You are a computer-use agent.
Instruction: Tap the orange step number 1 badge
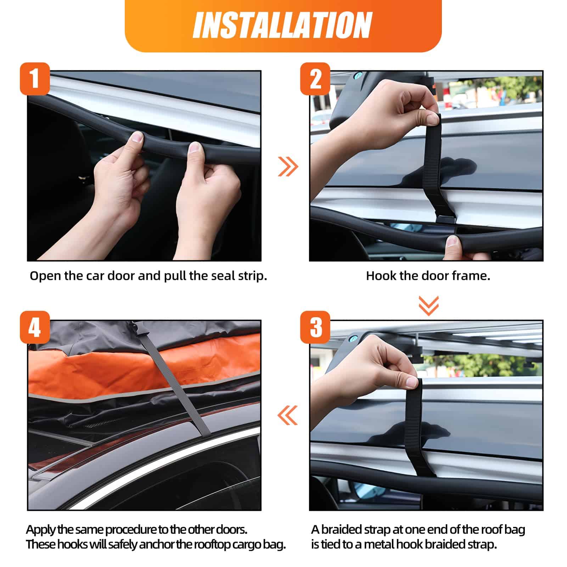click(x=34, y=78)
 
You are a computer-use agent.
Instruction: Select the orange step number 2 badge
click(x=315, y=78)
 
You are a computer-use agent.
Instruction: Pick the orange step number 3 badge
click(x=315, y=327)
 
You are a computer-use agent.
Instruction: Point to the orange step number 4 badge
click(x=34, y=327)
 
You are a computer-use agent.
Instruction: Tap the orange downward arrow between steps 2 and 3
click(x=428, y=305)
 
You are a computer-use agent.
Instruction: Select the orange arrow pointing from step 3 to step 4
click(x=287, y=415)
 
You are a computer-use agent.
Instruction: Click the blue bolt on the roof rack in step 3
click(x=355, y=339)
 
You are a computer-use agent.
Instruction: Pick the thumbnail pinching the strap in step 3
click(x=411, y=382)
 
